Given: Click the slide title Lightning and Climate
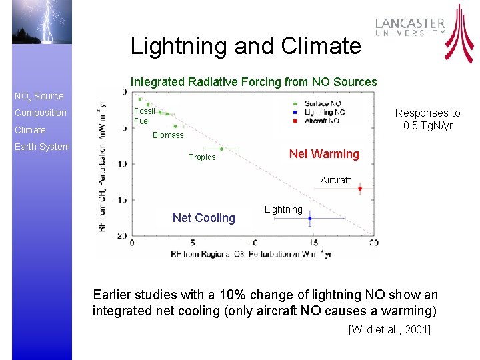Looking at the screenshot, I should coord(245,46).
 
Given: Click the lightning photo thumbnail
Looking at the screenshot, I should coord(41,22).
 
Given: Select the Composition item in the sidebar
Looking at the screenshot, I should coord(41,113).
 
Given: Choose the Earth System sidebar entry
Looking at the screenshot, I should coord(42,147).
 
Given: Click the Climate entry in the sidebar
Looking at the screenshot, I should coord(31,130).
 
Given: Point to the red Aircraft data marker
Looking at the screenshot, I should coord(360,189).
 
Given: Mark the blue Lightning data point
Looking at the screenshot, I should coord(310,218).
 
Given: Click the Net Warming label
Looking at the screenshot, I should coord(324,154).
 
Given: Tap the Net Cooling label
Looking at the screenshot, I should coord(204,218).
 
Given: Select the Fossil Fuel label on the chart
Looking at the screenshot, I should coord(144,116).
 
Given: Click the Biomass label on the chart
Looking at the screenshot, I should coord(168,135).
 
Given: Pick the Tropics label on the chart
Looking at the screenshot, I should coord(202,157).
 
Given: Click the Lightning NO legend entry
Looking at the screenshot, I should coord(322,112).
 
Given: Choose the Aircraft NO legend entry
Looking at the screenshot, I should coord(321,121).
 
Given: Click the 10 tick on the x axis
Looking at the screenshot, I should coord(253,243).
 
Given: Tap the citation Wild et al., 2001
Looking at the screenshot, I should coord(390,329).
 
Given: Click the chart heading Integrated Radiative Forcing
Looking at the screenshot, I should coord(254,82).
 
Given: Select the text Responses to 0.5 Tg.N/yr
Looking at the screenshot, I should coord(427,119).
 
